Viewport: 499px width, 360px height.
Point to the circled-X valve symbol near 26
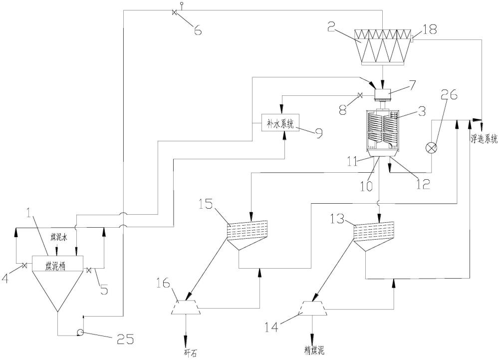430,147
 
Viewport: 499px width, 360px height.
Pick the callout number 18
430,29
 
